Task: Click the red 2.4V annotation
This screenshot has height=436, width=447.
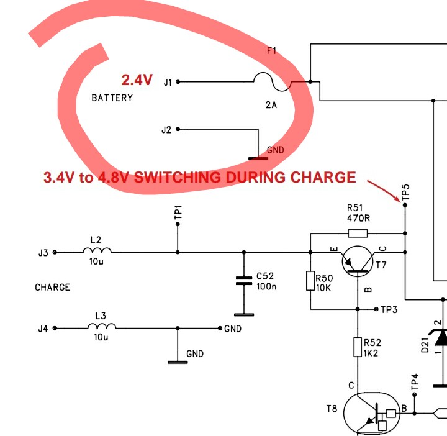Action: pyautogui.click(x=137, y=80)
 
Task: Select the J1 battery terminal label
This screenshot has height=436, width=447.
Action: pyautogui.click(x=168, y=82)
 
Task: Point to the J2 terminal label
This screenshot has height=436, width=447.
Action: pyautogui.click(x=166, y=130)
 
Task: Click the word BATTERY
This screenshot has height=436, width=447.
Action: pyautogui.click(x=112, y=98)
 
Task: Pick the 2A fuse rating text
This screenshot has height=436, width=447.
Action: pyautogui.click(x=271, y=105)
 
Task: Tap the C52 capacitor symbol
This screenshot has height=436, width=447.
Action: pyautogui.click(x=243, y=281)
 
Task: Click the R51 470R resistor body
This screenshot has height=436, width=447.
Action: pyautogui.click(x=358, y=234)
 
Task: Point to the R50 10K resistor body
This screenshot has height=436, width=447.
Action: pyautogui.click(x=310, y=281)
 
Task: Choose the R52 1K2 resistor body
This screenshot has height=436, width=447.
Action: pyautogui.click(x=358, y=347)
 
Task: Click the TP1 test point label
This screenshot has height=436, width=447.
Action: pyautogui.click(x=178, y=212)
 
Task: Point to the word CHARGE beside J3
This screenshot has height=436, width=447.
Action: pyautogui.click(x=53, y=288)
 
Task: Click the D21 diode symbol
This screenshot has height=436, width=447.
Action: pyautogui.click(x=441, y=337)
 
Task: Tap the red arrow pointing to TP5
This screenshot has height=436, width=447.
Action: pyautogui.click(x=385, y=190)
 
